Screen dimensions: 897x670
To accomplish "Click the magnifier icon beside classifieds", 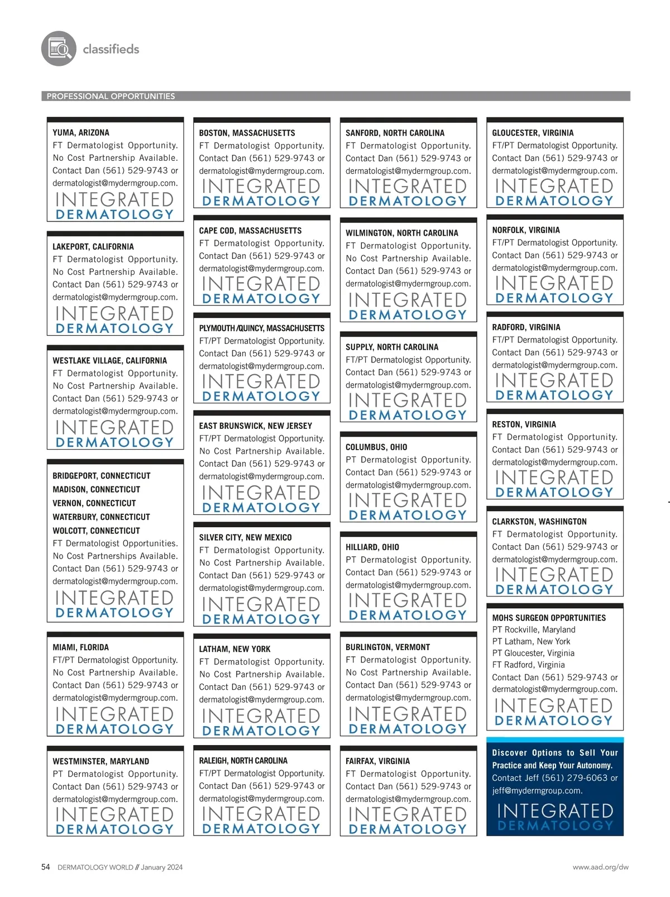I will tap(59, 49).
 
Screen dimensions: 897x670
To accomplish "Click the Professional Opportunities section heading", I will tap(111, 96).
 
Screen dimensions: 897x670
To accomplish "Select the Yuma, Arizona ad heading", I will tap(81, 133).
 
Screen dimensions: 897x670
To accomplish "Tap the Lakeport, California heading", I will tap(93, 247).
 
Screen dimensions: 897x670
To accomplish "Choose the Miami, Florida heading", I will tap(80, 647).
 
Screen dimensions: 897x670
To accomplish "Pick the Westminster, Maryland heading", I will tap(100, 761).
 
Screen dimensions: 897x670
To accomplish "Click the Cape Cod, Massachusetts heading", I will tap(250, 231).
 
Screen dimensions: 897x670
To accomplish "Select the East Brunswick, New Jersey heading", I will tap(255, 426).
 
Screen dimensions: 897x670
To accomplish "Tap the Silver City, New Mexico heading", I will tap(245, 537).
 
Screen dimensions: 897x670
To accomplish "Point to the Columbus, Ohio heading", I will tap(376, 447).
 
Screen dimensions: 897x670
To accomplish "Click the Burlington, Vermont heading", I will tap(387, 647).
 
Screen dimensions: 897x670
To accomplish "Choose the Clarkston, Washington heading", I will tap(539, 522).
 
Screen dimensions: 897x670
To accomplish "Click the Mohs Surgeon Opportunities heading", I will tap(549, 618).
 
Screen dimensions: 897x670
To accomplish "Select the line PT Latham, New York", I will tap(531, 642).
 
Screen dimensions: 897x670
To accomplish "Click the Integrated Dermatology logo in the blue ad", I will tap(555, 817).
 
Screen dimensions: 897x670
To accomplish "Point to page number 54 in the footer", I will tap(46, 867).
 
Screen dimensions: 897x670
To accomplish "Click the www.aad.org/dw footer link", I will tap(600, 867).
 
